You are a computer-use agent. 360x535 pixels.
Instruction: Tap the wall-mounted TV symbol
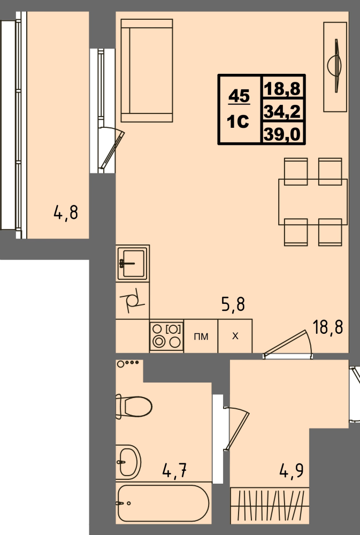pyautogui.click(x=336, y=66)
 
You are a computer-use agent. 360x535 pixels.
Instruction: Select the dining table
pyautogui.click(x=312, y=202)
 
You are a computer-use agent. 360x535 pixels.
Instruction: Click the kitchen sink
pyautogui.click(x=132, y=263)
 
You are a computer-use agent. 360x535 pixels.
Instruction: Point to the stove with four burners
pyautogui.click(x=166, y=336)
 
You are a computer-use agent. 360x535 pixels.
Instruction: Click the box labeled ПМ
pyautogui.click(x=201, y=337)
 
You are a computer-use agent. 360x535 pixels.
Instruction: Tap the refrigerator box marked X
pyautogui.click(x=235, y=337)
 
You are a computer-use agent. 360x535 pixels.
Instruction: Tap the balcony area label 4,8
pyautogui.click(x=66, y=213)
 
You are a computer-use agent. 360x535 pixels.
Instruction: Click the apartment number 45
pyautogui.click(x=239, y=97)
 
